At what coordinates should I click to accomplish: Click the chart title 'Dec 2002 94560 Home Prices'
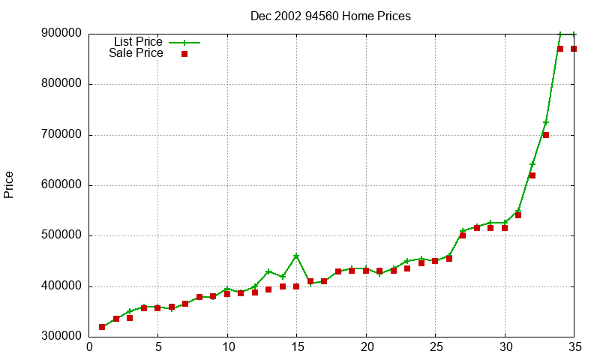point(331,16)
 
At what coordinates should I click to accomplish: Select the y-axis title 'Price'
point(9,184)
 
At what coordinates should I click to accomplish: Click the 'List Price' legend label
point(138,41)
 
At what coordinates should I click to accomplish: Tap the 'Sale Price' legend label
point(136,53)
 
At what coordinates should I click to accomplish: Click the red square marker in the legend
point(184,54)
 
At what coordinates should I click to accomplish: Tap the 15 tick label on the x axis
point(296,347)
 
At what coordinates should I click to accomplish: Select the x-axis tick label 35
point(574,347)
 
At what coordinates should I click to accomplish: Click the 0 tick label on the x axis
point(90,347)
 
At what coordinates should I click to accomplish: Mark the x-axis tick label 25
point(435,347)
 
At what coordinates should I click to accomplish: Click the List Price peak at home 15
point(296,256)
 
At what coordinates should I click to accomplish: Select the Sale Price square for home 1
point(102,327)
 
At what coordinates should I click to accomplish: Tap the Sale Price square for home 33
point(546,135)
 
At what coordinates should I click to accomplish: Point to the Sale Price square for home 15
point(296,286)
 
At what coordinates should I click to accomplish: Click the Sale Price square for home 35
point(574,49)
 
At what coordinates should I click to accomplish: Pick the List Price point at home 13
point(268,271)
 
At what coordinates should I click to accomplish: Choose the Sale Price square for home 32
point(532,175)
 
